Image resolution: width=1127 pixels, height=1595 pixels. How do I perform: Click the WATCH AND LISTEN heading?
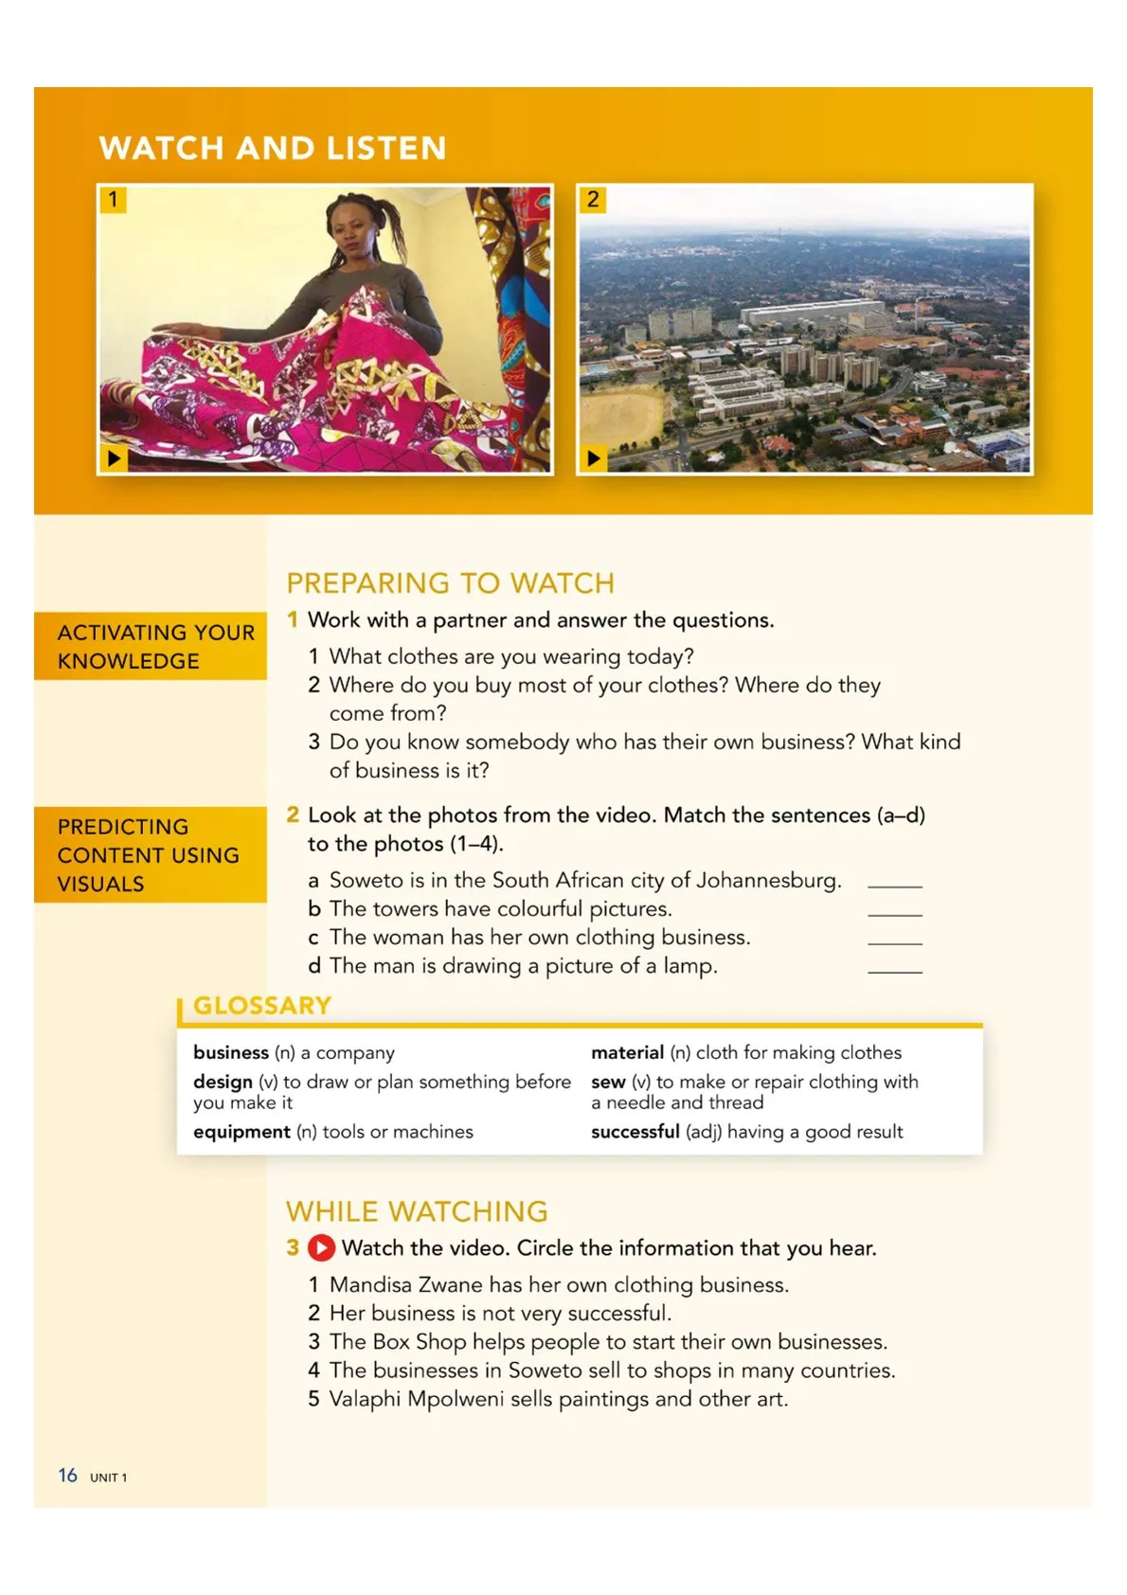[273, 148]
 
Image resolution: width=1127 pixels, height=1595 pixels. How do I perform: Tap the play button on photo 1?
[114, 458]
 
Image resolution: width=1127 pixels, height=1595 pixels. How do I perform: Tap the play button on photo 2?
[593, 458]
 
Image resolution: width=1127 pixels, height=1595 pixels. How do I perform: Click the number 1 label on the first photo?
[113, 199]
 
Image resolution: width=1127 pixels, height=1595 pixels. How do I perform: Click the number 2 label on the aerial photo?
[593, 199]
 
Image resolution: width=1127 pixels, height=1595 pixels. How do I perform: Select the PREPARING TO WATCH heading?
[451, 582]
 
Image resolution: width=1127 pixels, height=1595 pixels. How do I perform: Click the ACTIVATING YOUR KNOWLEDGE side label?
[155, 646]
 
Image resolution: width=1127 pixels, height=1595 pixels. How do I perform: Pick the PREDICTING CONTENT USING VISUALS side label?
[148, 854]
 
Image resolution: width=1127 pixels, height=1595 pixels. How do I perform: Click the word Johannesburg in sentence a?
[768, 880]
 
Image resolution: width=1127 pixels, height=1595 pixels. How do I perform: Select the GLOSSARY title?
[262, 1005]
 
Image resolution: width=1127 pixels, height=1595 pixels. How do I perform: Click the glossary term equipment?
[241, 1132]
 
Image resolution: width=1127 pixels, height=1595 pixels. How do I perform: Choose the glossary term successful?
[635, 1132]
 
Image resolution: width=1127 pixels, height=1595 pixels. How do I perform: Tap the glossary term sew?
[608, 1082]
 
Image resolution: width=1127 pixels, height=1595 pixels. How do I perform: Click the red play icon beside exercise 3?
[322, 1247]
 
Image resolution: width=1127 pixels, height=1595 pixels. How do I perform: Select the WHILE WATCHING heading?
[417, 1211]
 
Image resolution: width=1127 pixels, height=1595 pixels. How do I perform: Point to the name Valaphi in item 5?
[365, 1399]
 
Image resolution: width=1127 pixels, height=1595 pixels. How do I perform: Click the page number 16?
[67, 1475]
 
